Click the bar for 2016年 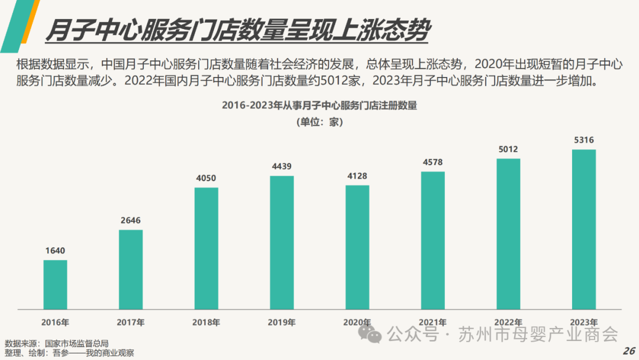55,285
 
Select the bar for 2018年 206,249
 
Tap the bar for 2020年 357,247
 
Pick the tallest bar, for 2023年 583,230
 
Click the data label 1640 55,250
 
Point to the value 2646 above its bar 131,220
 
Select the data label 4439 282,166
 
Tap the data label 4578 433,162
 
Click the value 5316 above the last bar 583,140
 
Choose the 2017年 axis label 131,323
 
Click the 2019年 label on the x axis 282,323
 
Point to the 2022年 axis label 508,323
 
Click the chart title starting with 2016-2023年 319,106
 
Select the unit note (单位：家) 319,123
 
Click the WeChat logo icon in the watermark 374,335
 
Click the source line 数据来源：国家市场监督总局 57,343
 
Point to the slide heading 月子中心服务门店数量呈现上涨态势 237,31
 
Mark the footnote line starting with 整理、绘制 69,353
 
